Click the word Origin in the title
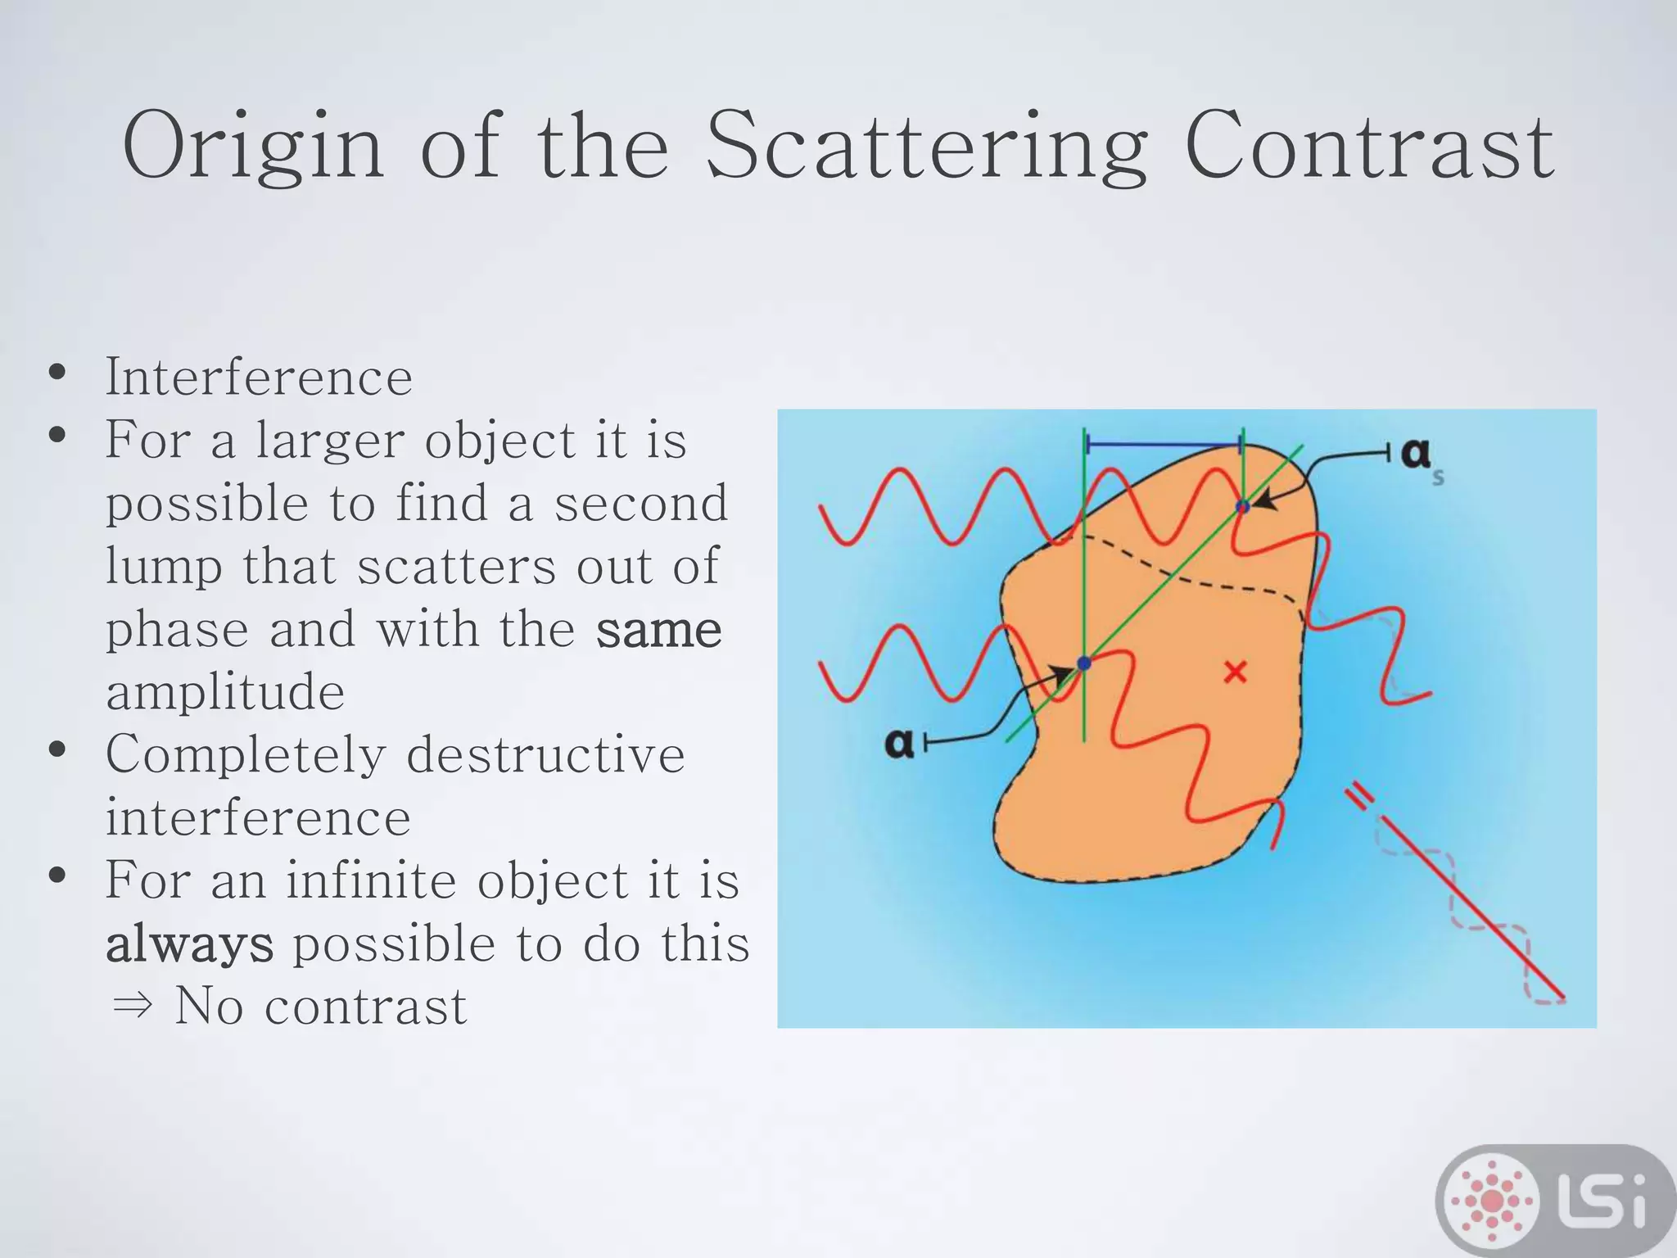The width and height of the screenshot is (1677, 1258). [253, 147]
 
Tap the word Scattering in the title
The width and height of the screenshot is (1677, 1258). [926, 147]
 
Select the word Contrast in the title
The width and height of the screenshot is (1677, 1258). [1368, 147]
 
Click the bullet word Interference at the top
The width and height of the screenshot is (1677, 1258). [259, 378]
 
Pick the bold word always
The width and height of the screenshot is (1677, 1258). [189, 943]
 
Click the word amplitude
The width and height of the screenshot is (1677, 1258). [225, 692]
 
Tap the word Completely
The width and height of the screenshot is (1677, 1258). [246, 755]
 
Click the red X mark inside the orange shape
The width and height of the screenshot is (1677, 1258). [1235, 672]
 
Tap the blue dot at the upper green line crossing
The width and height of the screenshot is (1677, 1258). [1243, 506]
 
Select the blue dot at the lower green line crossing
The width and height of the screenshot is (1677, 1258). [1084, 663]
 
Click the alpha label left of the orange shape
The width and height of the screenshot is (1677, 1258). [899, 743]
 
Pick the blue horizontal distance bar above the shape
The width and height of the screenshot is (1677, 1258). [1164, 445]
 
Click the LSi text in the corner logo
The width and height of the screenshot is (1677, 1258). [1605, 1201]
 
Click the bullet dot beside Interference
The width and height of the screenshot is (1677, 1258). [57, 373]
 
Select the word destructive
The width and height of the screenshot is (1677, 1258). [545, 755]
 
